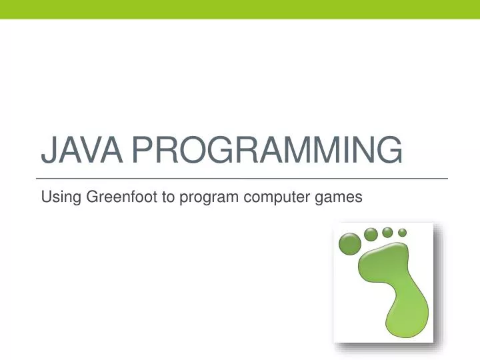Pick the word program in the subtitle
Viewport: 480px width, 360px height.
coord(204,198)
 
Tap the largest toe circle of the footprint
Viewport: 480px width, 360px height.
coord(349,243)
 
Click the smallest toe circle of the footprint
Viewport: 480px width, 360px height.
coord(403,232)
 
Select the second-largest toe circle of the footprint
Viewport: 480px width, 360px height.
coord(371,234)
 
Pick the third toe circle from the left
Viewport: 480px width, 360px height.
coord(387,232)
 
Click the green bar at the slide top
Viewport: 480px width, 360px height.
coord(240,9)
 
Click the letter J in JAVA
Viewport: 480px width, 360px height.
coord(47,151)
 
